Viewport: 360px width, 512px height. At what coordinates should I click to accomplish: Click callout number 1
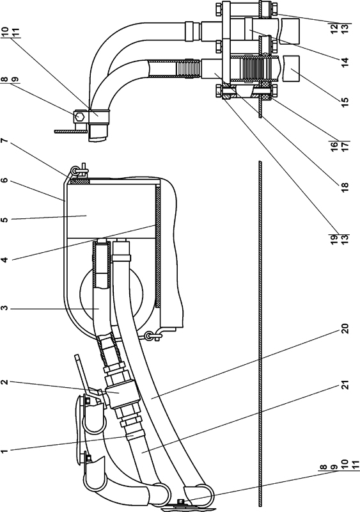[4, 451]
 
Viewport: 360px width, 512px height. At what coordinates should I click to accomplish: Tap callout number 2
[4, 381]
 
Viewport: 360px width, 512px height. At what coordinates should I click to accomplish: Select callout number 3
[4, 308]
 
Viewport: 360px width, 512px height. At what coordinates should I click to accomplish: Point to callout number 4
[4, 260]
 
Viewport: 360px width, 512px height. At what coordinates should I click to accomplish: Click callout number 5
[4, 220]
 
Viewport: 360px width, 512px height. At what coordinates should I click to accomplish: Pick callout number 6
[4, 180]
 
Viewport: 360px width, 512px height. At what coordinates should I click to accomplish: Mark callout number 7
[4, 141]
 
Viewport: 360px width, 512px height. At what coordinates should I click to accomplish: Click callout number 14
[345, 61]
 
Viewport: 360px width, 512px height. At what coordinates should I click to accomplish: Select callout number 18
[345, 186]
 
